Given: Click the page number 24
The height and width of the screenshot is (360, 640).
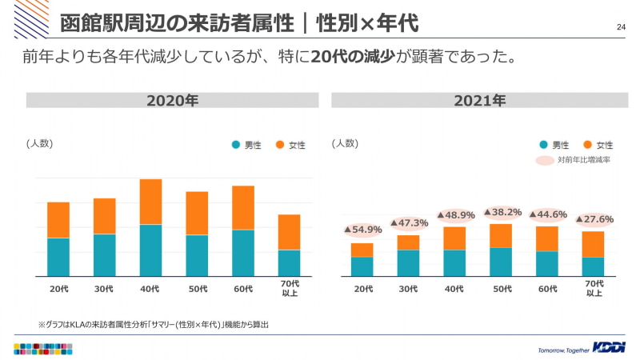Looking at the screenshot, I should (x=621, y=28).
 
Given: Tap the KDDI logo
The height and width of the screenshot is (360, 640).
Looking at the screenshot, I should (x=610, y=347).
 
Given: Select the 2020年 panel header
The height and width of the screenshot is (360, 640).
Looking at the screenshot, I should (x=172, y=101).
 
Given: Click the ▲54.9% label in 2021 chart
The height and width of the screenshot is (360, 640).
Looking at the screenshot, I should (x=362, y=230).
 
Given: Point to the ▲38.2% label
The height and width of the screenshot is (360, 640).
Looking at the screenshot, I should (x=502, y=213).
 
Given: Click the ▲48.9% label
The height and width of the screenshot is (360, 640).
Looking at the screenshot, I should (x=455, y=215).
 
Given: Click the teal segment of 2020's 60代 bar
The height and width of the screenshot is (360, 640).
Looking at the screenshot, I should (x=243, y=253).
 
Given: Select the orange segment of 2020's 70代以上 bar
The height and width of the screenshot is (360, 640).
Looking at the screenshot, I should (x=290, y=232).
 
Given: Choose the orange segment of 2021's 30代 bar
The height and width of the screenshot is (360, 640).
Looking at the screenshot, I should (x=409, y=242).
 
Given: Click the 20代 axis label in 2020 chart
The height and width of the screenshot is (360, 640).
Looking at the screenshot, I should (x=58, y=289).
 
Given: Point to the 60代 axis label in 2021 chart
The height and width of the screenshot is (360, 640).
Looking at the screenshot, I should (x=547, y=289).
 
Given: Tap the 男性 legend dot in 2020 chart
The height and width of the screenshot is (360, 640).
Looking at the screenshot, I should (x=236, y=145).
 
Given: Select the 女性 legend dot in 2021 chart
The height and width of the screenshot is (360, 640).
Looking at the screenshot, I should (x=588, y=145).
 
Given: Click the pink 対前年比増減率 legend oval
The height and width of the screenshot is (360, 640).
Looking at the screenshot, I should (x=545, y=160).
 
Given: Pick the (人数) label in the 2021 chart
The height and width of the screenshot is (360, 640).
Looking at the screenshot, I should (x=345, y=143).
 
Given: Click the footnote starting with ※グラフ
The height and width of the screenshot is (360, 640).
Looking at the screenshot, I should (x=153, y=324).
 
